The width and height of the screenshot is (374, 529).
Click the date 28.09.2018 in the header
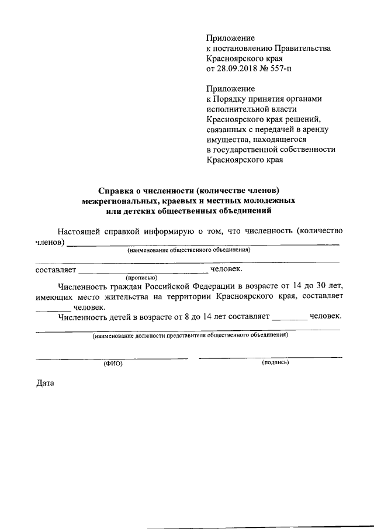[237, 70]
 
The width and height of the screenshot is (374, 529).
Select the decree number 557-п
[280, 70]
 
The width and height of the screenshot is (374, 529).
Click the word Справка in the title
[116, 190]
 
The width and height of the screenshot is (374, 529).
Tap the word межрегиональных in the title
[120, 200]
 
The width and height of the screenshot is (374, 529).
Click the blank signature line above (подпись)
[271, 357]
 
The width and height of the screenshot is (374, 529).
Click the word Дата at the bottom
[45, 385]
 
